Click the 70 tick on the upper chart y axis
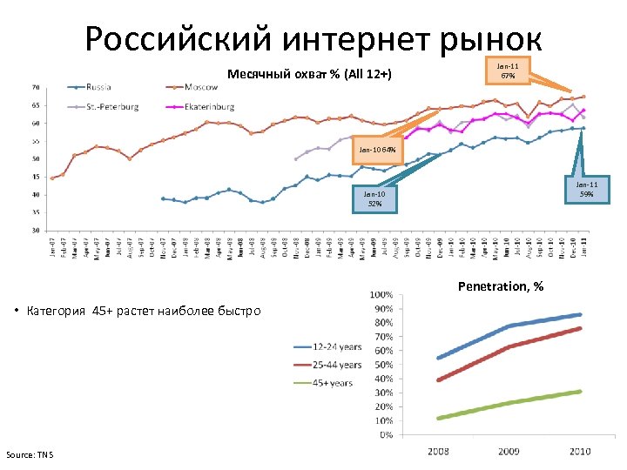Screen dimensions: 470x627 coord(35,87)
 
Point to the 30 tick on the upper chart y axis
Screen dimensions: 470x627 coord(35,230)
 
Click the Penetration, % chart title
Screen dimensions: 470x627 coord(501,286)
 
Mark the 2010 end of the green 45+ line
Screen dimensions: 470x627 coord(581,391)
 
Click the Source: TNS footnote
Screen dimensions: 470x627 coord(29,454)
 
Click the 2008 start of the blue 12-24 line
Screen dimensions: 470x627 coord(438,358)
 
